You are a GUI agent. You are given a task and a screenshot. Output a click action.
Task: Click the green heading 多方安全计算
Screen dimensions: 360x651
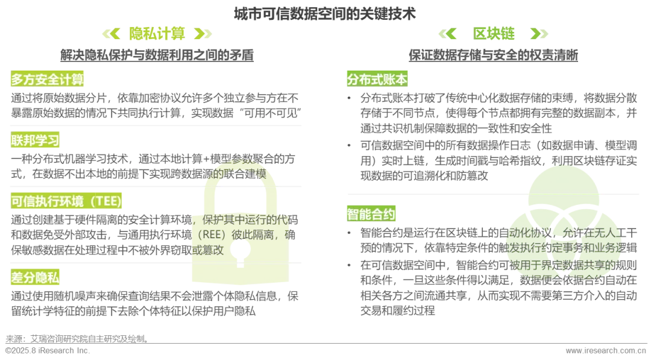47,79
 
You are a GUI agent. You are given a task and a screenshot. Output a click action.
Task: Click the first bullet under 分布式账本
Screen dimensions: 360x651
349,98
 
